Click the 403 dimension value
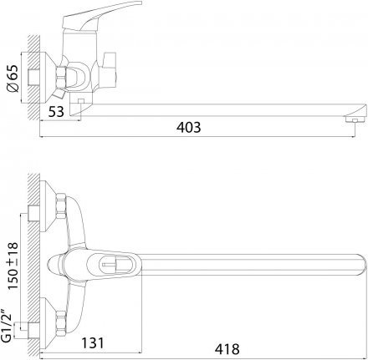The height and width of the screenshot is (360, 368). [188, 127]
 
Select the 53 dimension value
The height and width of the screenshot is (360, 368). [56, 112]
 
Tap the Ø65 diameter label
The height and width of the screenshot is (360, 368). [13, 79]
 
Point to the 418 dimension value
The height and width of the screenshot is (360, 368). [227, 348]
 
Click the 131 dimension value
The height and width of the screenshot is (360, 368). [92, 342]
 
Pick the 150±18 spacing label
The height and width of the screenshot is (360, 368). [13, 266]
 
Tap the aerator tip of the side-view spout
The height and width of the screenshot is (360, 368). [355, 119]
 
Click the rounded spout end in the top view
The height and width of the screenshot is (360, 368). [361, 265]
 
